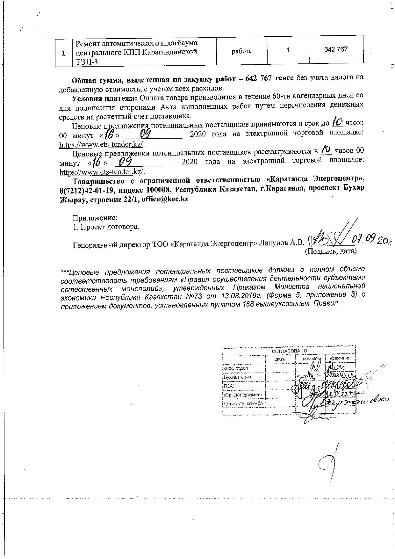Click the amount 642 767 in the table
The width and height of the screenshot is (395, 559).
pyautogui.click(x=336, y=49)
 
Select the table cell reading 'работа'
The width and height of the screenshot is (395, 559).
pyautogui.click(x=242, y=51)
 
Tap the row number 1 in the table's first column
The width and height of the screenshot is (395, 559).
pyautogui.click(x=64, y=54)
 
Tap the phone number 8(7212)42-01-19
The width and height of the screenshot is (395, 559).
pyautogui.click(x=85, y=190)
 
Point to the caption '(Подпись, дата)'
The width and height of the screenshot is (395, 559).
pyautogui.click(x=330, y=251)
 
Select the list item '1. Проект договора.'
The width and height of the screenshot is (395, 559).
pyautogui.click(x=106, y=227)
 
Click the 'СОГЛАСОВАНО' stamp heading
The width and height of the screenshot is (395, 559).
pyautogui.click(x=290, y=351)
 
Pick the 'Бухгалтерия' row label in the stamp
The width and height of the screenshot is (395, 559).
pyautogui.click(x=238, y=377)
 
